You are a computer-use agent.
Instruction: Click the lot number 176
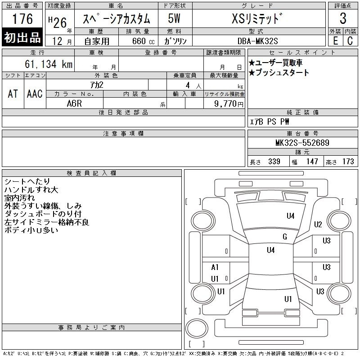tap(22, 18)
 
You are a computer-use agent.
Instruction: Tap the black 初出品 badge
tap(22, 37)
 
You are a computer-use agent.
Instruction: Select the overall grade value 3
tap(343, 18)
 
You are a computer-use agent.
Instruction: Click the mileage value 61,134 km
tap(49, 64)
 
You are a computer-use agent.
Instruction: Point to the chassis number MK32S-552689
tap(302, 143)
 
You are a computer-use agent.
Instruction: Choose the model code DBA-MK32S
tap(257, 41)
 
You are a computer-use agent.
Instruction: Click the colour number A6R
tap(74, 103)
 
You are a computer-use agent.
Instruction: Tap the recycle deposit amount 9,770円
tap(229, 104)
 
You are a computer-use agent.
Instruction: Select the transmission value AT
tap(13, 94)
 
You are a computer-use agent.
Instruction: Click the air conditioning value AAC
tap(35, 94)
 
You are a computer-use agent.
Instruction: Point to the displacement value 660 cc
tap(143, 41)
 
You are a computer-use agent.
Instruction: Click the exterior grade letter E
tap(335, 41)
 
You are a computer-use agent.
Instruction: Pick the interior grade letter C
tap(350, 41)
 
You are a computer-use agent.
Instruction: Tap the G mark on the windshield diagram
tap(285, 237)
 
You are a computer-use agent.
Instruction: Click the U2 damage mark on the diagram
tap(318, 224)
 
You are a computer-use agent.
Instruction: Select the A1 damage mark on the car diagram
tap(215, 267)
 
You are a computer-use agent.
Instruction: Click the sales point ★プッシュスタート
tap(279, 72)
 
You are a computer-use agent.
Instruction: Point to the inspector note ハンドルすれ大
tap(31, 189)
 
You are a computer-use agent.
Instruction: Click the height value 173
tap(348, 162)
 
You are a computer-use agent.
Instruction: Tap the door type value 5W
tap(174, 18)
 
